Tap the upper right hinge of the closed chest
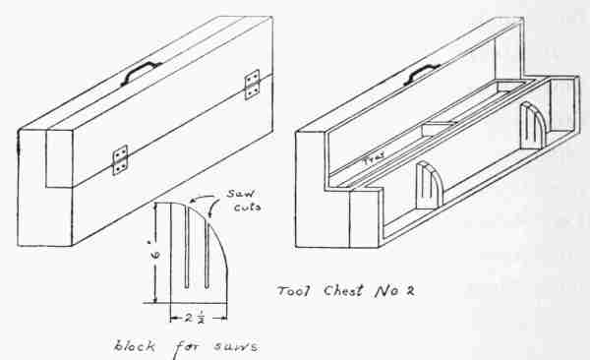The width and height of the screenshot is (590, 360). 252,85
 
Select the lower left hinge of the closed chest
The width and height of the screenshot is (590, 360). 120,160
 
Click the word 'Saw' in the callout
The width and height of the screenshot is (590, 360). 240,194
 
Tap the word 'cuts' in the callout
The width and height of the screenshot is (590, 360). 247,207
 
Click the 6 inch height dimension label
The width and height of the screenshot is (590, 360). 157,255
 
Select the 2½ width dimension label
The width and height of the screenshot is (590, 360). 195,318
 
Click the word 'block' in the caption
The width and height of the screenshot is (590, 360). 135,345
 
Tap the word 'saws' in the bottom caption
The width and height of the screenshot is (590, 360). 236,345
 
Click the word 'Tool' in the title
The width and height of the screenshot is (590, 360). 293,291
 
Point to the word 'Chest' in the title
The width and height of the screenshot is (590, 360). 344,290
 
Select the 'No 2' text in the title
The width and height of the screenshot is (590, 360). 394,290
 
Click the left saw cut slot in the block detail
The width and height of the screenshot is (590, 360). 187,248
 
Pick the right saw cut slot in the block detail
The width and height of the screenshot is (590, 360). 206,254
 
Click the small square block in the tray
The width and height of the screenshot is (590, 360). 437,128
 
